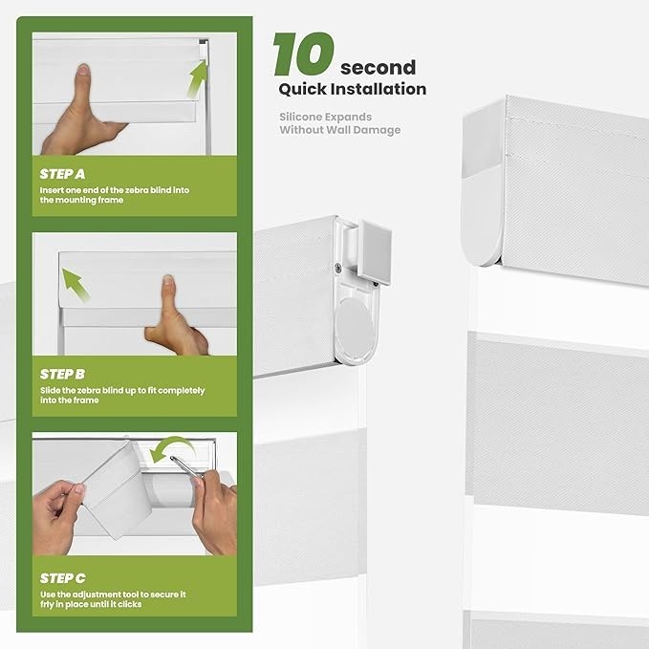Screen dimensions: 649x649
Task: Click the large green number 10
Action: pos(303,54)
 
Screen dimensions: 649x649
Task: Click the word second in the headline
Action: pos(378,68)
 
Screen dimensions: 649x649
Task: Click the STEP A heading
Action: pos(62,174)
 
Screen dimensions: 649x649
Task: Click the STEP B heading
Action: pos(62,374)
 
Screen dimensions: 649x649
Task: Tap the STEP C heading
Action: pos(63,578)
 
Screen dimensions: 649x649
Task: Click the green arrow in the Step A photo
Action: pos(197,77)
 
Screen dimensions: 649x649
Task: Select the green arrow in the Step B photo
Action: pos(76,284)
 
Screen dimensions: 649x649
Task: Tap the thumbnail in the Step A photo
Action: pos(84,70)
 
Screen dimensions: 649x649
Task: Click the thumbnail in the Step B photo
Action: pos(167,280)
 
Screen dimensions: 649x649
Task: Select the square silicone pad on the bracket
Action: pos(375,252)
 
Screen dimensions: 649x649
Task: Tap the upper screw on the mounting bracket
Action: pos(338,269)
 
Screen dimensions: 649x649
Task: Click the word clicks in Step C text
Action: pos(130,604)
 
